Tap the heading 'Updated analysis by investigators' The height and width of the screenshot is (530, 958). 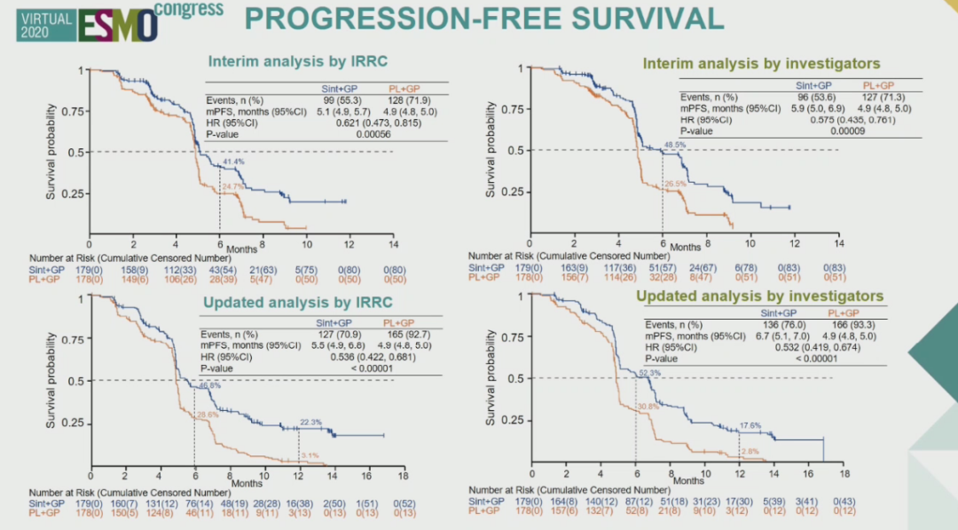(759, 296)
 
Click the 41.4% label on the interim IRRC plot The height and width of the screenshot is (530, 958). (233, 162)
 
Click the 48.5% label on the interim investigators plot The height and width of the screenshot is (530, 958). (675, 144)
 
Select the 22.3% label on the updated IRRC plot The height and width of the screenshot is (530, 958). (310, 420)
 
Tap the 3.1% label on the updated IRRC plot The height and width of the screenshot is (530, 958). (310, 455)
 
